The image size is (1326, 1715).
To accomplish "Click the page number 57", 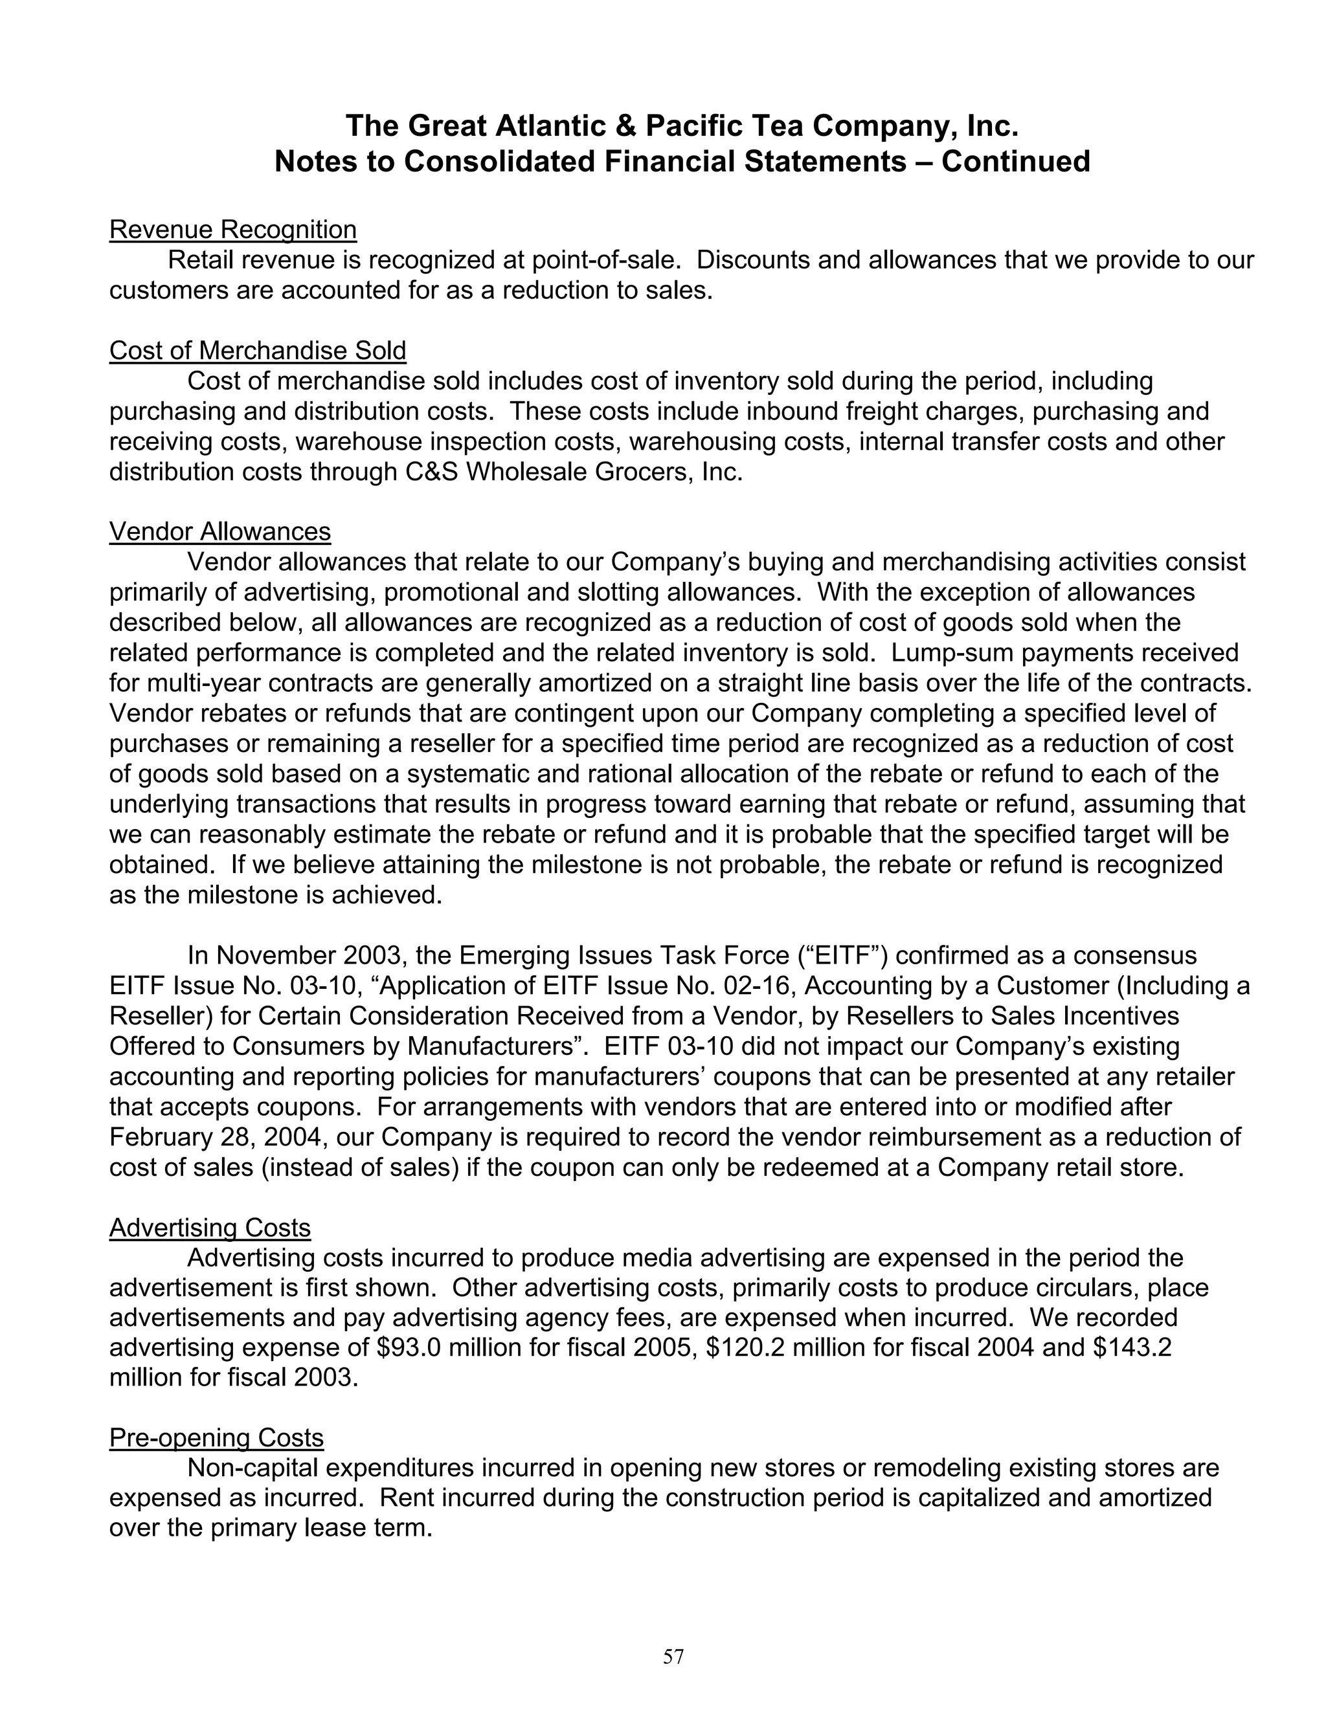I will pyautogui.click(x=673, y=1656).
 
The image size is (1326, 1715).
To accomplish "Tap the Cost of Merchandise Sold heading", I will pyautogui.click(x=258, y=350).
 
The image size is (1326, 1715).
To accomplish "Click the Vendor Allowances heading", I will pyautogui.click(x=220, y=531).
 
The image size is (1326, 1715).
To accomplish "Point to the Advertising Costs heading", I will pyautogui.click(x=210, y=1227).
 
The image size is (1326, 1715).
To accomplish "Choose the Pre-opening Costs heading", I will pyautogui.click(x=216, y=1437).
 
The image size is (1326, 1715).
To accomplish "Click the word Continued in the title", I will pyautogui.click(x=1016, y=161).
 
